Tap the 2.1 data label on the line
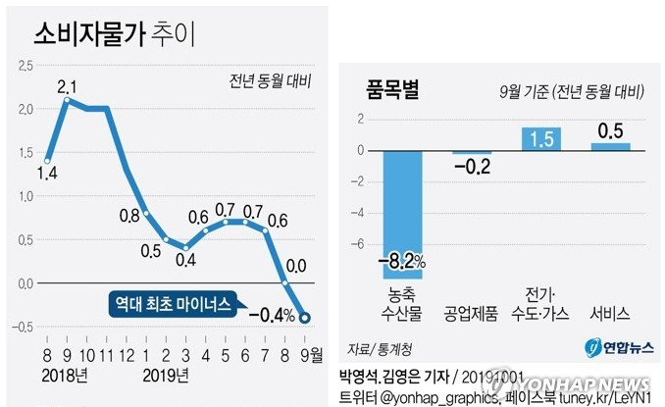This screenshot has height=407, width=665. [x=67, y=86]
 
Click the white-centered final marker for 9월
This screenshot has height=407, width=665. [x=306, y=317]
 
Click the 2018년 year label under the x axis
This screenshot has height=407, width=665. [x=66, y=374]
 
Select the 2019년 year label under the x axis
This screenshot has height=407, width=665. [x=162, y=374]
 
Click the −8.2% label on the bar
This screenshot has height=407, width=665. [x=402, y=263]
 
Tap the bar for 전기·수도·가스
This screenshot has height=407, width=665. [x=540, y=138]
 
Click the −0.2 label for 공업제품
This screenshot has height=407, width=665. [x=471, y=167]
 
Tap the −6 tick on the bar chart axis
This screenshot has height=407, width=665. [x=359, y=244]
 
